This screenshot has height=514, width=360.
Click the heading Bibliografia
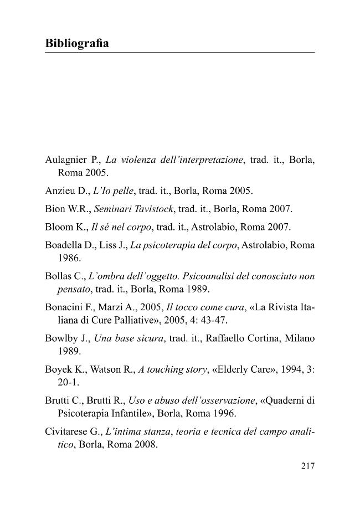click(76, 43)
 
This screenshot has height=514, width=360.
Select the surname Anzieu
click(59, 191)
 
